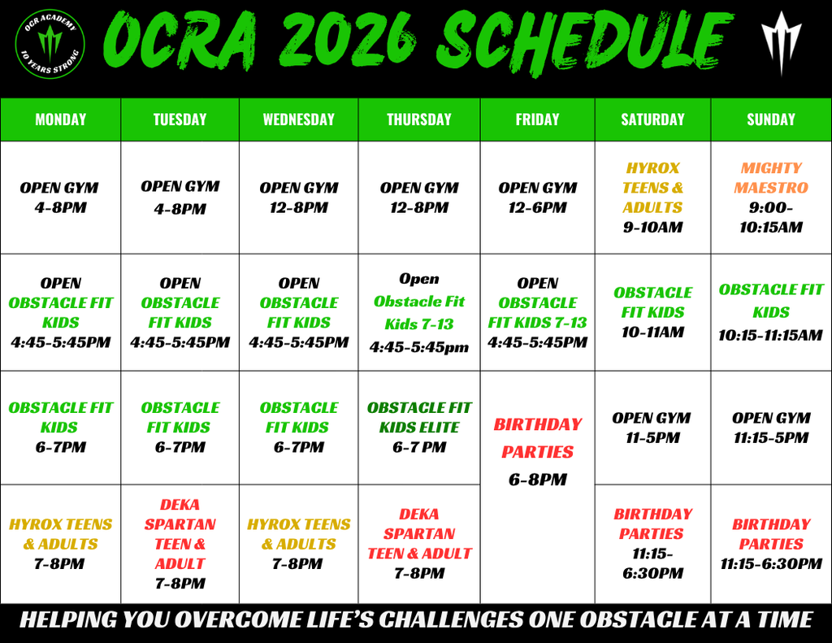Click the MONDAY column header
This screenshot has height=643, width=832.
click(x=60, y=119)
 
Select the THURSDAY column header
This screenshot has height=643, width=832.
click(x=419, y=119)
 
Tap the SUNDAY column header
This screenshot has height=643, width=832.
click(x=771, y=119)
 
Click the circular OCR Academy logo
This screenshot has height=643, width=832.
click(x=50, y=44)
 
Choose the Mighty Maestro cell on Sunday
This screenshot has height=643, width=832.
click(x=771, y=198)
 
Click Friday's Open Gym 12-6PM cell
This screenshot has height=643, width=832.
click(x=538, y=198)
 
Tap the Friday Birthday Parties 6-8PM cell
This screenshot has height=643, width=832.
click(x=538, y=487)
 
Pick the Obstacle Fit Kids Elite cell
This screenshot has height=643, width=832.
click(x=419, y=428)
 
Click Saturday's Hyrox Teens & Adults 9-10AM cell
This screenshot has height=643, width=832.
click(x=652, y=198)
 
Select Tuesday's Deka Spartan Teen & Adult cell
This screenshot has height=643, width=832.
click(x=180, y=544)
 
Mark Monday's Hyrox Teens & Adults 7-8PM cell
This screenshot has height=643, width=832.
click(x=60, y=544)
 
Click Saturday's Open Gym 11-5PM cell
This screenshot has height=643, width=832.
click(x=652, y=428)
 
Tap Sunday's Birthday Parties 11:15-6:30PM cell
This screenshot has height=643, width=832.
click(x=771, y=544)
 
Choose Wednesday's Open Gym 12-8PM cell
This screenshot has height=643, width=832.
click(x=299, y=198)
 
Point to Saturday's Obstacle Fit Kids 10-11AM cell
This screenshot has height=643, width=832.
click(x=652, y=312)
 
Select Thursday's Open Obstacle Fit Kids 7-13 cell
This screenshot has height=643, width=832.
click(x=419, y=312)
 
